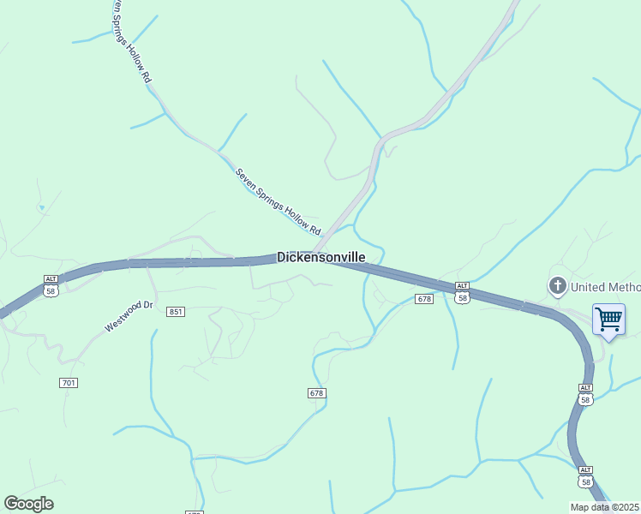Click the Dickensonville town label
point(321,257)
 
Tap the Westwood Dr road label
point(129,315)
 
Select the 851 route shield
point(176,312)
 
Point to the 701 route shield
point(69,382)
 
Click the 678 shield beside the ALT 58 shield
point(424,299)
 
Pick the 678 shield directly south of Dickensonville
point(317,392)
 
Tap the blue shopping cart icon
point(608,320)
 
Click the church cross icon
point(558,285)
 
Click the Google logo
point(28,504)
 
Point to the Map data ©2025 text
point(605,507)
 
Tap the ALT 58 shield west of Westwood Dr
point(51,285)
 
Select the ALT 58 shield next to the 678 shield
point(462,292)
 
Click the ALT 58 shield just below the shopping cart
point(584,394)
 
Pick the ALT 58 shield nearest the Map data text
point(584,476)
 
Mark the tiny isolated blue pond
point(41,207)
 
